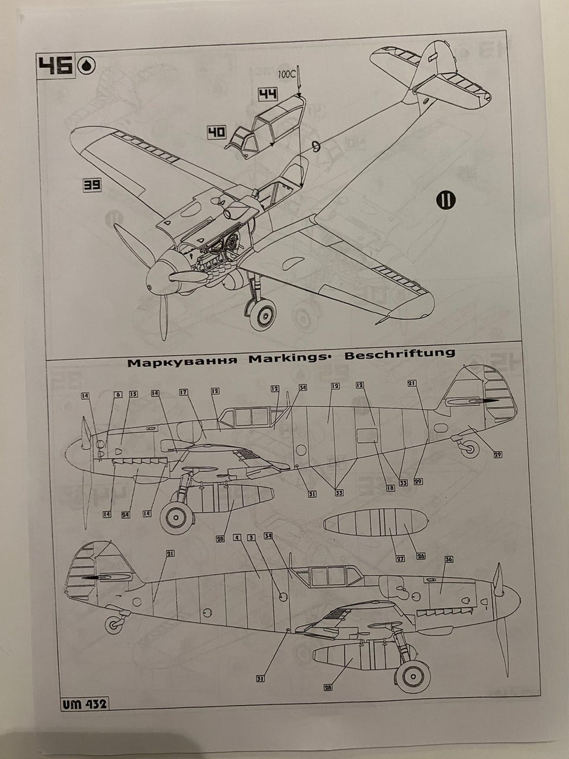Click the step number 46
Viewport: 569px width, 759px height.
(x=56, y=66)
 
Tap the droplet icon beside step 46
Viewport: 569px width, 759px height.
(x=87, y=66)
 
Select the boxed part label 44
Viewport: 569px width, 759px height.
(x=267, y=95)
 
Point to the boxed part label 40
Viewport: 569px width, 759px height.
(x=216, y=132)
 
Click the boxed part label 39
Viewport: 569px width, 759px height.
(x=92, y=186)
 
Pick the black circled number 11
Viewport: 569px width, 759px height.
(x=445, y=200)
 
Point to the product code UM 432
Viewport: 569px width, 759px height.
(x=84, y=704)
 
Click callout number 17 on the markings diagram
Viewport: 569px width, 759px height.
(x=183, y=392)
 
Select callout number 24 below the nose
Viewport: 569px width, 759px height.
(x=126, y=514)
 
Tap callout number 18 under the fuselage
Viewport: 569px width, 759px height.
(x=390, y=487)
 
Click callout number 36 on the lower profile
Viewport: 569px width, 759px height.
(x=449, y=559)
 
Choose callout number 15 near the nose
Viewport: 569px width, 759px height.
(x=133, y=394)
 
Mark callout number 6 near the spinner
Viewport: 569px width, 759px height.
(x=117, y=394)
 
